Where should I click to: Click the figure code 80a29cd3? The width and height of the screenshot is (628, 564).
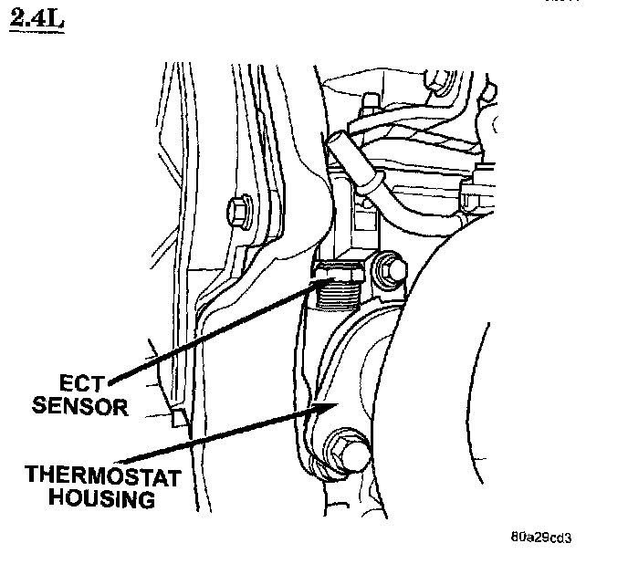coord(547,536)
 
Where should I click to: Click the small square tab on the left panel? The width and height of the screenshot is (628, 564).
coord(178,419)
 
